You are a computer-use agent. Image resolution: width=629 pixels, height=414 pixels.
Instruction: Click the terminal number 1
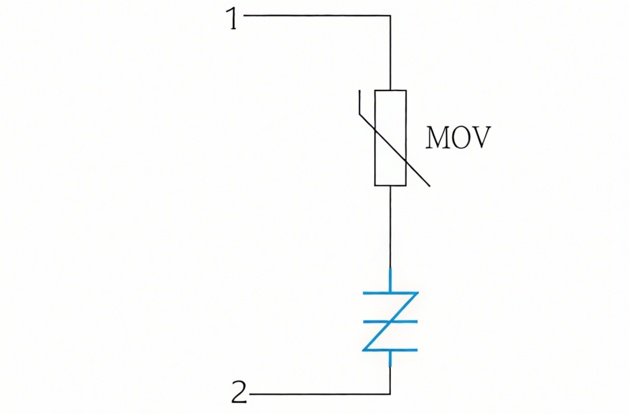tap(232, 19)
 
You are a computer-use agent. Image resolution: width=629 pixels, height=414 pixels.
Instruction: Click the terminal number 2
tap(239, 392)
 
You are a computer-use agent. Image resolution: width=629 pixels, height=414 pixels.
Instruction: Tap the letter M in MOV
tap(438, 137)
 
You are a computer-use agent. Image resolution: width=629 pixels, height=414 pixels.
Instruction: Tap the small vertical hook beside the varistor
tap(360, 103)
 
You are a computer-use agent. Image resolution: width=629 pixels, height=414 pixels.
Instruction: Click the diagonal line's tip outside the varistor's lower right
tap(430, 186)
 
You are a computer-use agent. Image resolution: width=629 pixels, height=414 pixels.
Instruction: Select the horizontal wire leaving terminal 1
tap(317, 15)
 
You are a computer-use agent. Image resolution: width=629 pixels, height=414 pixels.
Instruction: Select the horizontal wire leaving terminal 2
tap(320, 394)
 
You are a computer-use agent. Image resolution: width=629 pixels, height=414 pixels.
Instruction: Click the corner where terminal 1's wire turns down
tap(390, 16)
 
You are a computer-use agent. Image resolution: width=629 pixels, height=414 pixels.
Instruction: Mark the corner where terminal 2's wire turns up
tap(390, 394)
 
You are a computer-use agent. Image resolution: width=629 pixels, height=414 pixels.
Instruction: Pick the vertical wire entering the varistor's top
tap(390, 53)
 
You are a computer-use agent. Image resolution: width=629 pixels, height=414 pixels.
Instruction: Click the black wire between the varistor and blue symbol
tap(390, 226)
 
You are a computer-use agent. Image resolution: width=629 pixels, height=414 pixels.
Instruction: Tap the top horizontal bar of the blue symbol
tap(390, 293)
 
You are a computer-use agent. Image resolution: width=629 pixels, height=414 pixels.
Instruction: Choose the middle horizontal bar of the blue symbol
tap(390, 322)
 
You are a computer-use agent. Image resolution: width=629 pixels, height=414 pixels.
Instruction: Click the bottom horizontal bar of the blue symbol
tap(390, 350)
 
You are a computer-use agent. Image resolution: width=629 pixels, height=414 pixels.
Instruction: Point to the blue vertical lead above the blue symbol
tap(390, 280)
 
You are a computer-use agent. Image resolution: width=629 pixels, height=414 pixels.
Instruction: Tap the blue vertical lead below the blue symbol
tap(390, 359)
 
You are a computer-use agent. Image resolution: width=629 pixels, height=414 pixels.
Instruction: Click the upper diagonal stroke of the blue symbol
tap(403, 308)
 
